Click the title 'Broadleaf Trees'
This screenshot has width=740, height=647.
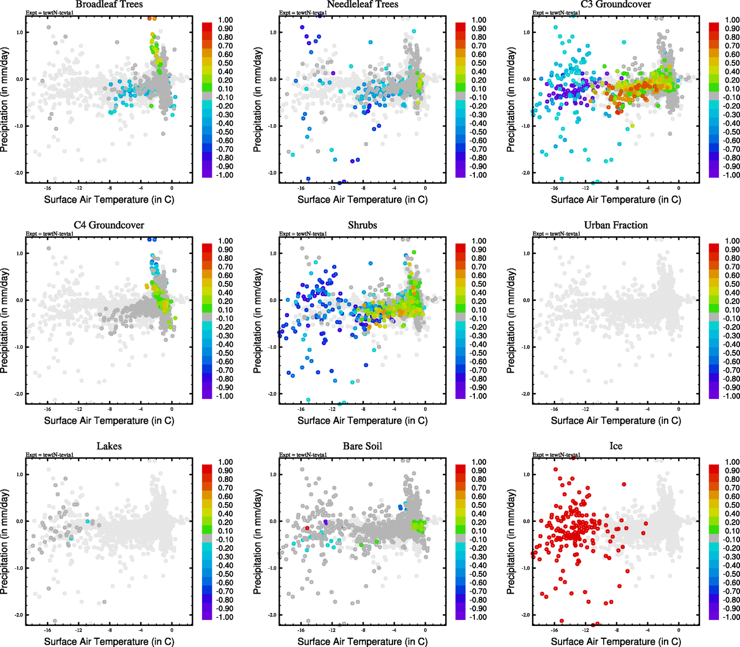click(109, 4)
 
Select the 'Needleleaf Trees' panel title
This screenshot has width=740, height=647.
click(362, 4)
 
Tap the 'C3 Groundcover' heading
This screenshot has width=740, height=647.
click(615, 4)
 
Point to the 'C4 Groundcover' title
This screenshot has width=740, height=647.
click(109, 225)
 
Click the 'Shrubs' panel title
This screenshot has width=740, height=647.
click(362, 225)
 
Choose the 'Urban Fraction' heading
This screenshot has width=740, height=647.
click(615, 225)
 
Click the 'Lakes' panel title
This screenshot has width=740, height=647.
click(109, 446)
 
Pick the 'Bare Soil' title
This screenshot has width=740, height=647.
click(362, 446)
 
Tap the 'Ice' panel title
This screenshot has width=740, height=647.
click(615, 446)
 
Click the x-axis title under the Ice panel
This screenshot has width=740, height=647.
click(615, 641)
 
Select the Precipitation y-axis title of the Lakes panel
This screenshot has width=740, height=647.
click(5, 541)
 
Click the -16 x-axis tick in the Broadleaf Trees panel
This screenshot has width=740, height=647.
click(47, 188)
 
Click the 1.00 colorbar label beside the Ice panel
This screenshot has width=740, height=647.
click(732, 462)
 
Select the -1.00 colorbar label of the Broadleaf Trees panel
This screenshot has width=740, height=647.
click(225, 175)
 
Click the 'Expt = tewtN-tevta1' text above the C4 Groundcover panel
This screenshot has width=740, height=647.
click(50, 234)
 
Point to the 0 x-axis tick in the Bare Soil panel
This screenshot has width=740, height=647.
click(425, 630)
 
